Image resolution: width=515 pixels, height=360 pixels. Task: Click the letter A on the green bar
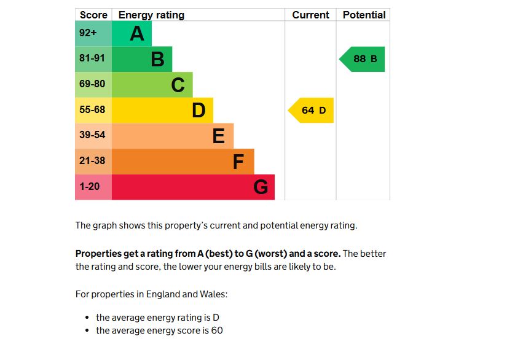coord(137,34)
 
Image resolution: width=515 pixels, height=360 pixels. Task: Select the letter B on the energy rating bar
coord(158,60)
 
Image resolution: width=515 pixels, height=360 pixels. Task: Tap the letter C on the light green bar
coord(178,85)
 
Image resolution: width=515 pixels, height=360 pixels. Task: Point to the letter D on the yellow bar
coord(199,111)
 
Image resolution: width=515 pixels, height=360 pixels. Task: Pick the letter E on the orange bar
coord(219,136)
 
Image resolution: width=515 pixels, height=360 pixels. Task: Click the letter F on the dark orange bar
coord(239,162)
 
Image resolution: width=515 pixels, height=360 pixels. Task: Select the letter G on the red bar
coord(261,187)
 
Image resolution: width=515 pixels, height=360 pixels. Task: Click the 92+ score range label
coord(88,33)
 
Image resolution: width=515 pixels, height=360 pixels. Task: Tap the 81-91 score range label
coord(92,58)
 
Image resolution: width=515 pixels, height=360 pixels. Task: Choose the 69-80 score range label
coord(92,84)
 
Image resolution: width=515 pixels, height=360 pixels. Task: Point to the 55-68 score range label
coord(92,110)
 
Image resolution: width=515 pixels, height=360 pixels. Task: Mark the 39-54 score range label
coord(92,135)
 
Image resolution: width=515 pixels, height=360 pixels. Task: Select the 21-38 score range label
coord(92,161)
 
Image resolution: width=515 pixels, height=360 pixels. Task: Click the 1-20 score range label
coord(89,186)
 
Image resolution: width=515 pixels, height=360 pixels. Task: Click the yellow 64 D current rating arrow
coord(312,111)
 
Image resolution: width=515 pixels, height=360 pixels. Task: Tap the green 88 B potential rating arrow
coord(363,60)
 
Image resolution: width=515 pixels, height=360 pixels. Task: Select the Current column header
coord(310,15)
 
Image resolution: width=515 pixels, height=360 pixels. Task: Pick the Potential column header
coord(364,15)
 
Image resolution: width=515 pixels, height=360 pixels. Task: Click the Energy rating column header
coord(151,15)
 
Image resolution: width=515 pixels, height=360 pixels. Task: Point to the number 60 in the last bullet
coord(216,331)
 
